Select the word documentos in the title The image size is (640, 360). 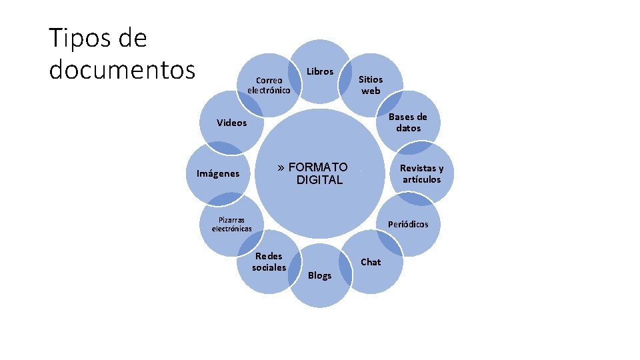click(122, 69)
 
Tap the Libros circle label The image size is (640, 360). click(320, 71)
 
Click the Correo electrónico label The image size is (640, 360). click(269, 85)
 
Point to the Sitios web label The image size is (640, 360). click(371, 85)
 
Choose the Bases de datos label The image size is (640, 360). click(408, 122)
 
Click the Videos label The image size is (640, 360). click(231, 123)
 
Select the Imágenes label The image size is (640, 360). click(218, 173)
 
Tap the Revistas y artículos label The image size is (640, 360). click(421, 173)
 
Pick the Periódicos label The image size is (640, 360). click(408, 224)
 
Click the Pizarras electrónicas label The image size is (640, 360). click(231, 224)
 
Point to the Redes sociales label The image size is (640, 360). click(269, 261)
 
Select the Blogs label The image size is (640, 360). click(320, 275)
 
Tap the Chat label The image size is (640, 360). click(371, 262)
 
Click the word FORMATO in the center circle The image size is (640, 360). click(318, 167)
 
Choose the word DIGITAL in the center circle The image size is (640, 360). click(319, 180)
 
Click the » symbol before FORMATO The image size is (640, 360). click(281, 167)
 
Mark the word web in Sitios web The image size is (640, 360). click(371, 91)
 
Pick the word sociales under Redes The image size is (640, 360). click(269, 267)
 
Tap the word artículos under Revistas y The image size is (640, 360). click(421, 179)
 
